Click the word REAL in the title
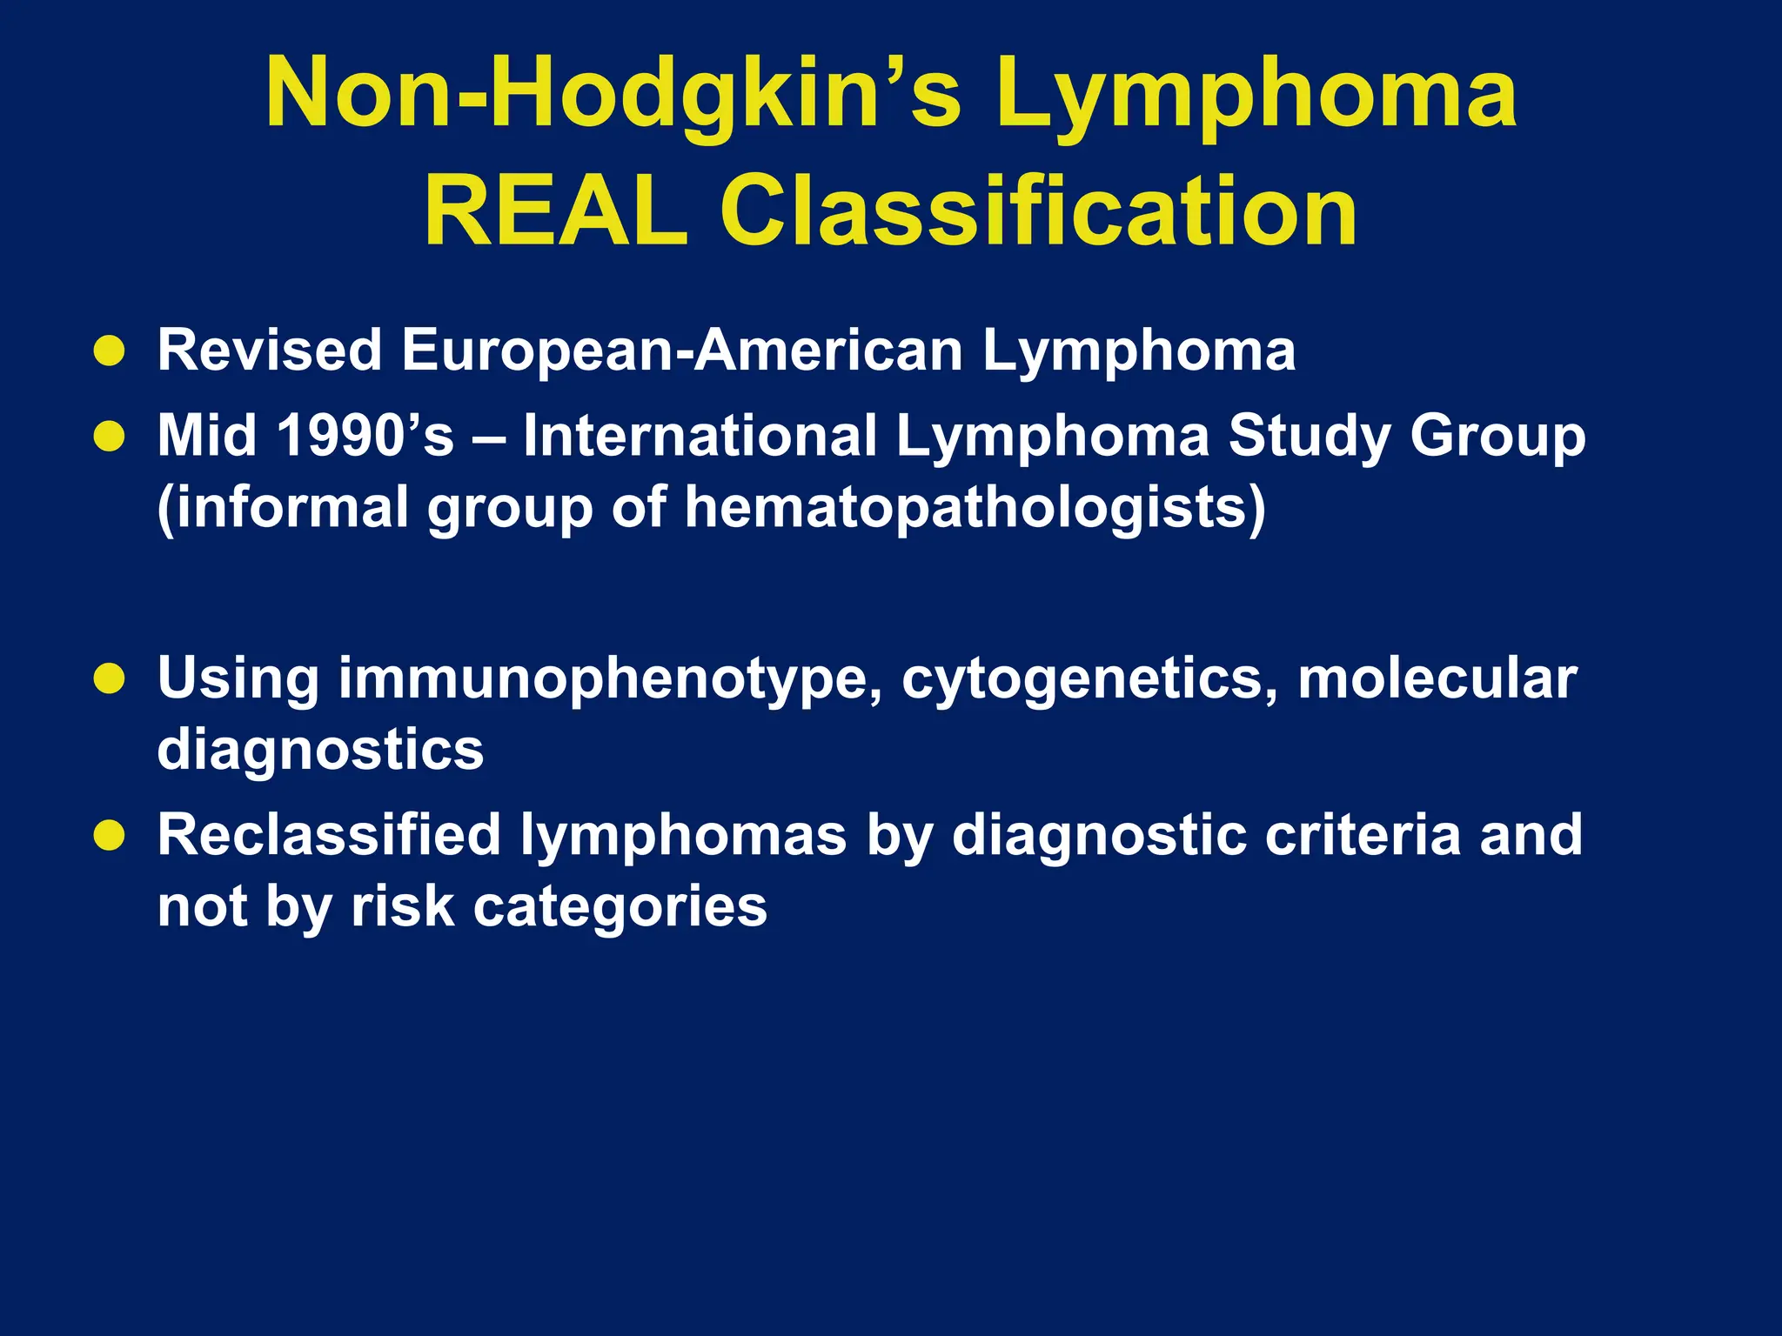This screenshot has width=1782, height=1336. [555, 211]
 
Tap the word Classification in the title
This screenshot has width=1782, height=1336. [1038, 211]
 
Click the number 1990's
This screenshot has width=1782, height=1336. [365, 435]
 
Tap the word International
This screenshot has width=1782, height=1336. [700, 435]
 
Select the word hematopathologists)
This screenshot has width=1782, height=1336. [975, 507]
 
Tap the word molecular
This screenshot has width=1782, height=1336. [1437, 678]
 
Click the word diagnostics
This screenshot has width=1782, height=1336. [320, 750]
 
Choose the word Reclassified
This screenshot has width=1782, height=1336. [329, 835]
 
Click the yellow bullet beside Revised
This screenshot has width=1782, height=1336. [110, 351]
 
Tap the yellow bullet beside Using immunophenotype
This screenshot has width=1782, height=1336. [110, 678]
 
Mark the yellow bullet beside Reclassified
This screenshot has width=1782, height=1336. [110, 835]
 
